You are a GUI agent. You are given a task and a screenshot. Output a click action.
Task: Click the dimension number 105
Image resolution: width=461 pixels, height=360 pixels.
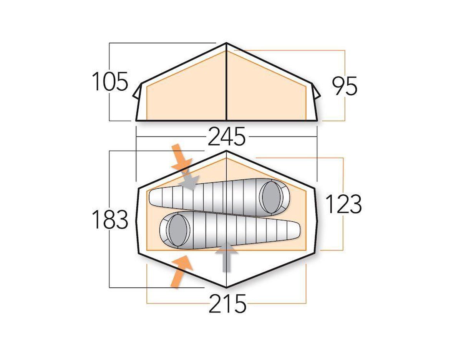click(109, 82)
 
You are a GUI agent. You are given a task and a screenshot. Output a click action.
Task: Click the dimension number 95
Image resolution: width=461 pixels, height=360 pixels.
click(345, 86)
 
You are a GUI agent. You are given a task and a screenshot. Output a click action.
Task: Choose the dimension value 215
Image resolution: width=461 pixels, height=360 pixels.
click(227, 304)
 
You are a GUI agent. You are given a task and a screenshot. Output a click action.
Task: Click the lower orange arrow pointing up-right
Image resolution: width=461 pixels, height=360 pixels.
click(181, 271)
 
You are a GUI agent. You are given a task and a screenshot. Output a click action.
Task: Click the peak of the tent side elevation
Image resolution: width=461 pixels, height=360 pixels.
click(226, 43)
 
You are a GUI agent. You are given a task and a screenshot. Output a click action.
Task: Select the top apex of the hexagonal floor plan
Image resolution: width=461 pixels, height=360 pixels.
click(226, 151)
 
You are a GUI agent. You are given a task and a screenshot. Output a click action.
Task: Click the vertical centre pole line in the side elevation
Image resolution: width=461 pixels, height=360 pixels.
click(226, 85)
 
